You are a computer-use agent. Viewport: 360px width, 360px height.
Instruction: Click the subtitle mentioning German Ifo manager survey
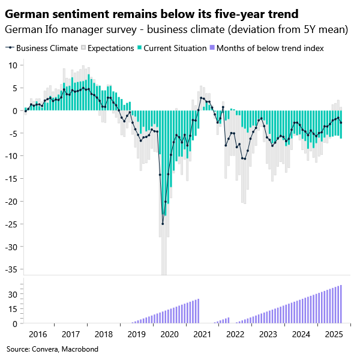tap(176, 29)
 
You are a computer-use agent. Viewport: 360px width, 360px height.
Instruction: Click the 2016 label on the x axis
tap(38, 334)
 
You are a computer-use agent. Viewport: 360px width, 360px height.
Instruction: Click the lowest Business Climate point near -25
tap(163, 224)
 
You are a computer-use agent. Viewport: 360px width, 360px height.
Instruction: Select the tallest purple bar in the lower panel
tap(341, 304)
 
